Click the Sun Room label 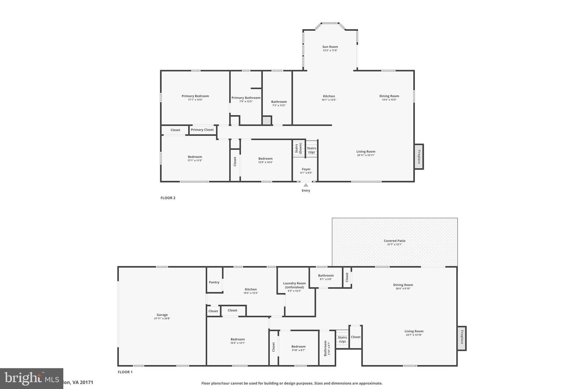(x=330, y=47)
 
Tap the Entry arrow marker (x=306, y=185)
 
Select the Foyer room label (x=306, y=169)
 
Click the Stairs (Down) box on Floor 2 (x=298, y=149)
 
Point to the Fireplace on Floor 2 (x=419, y=156)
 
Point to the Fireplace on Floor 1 (x=462, y=338)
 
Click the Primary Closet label (x=202, y=130)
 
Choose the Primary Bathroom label (x=246, y=98)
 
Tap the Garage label (x=162, y=315)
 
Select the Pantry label (x=214, y=282)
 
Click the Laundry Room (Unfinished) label (x=294, y=285)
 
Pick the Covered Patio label (x=395, y=241)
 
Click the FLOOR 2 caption (x=168, y=198)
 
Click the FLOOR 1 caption (x=125, y=372)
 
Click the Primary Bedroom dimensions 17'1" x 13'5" (x=195, y=100)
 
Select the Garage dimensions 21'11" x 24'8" (x=162, y=318)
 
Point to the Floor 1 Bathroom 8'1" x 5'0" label (x=326, y=276)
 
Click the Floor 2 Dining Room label (x=389, y=96)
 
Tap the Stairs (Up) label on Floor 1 (x=342, y=339)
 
